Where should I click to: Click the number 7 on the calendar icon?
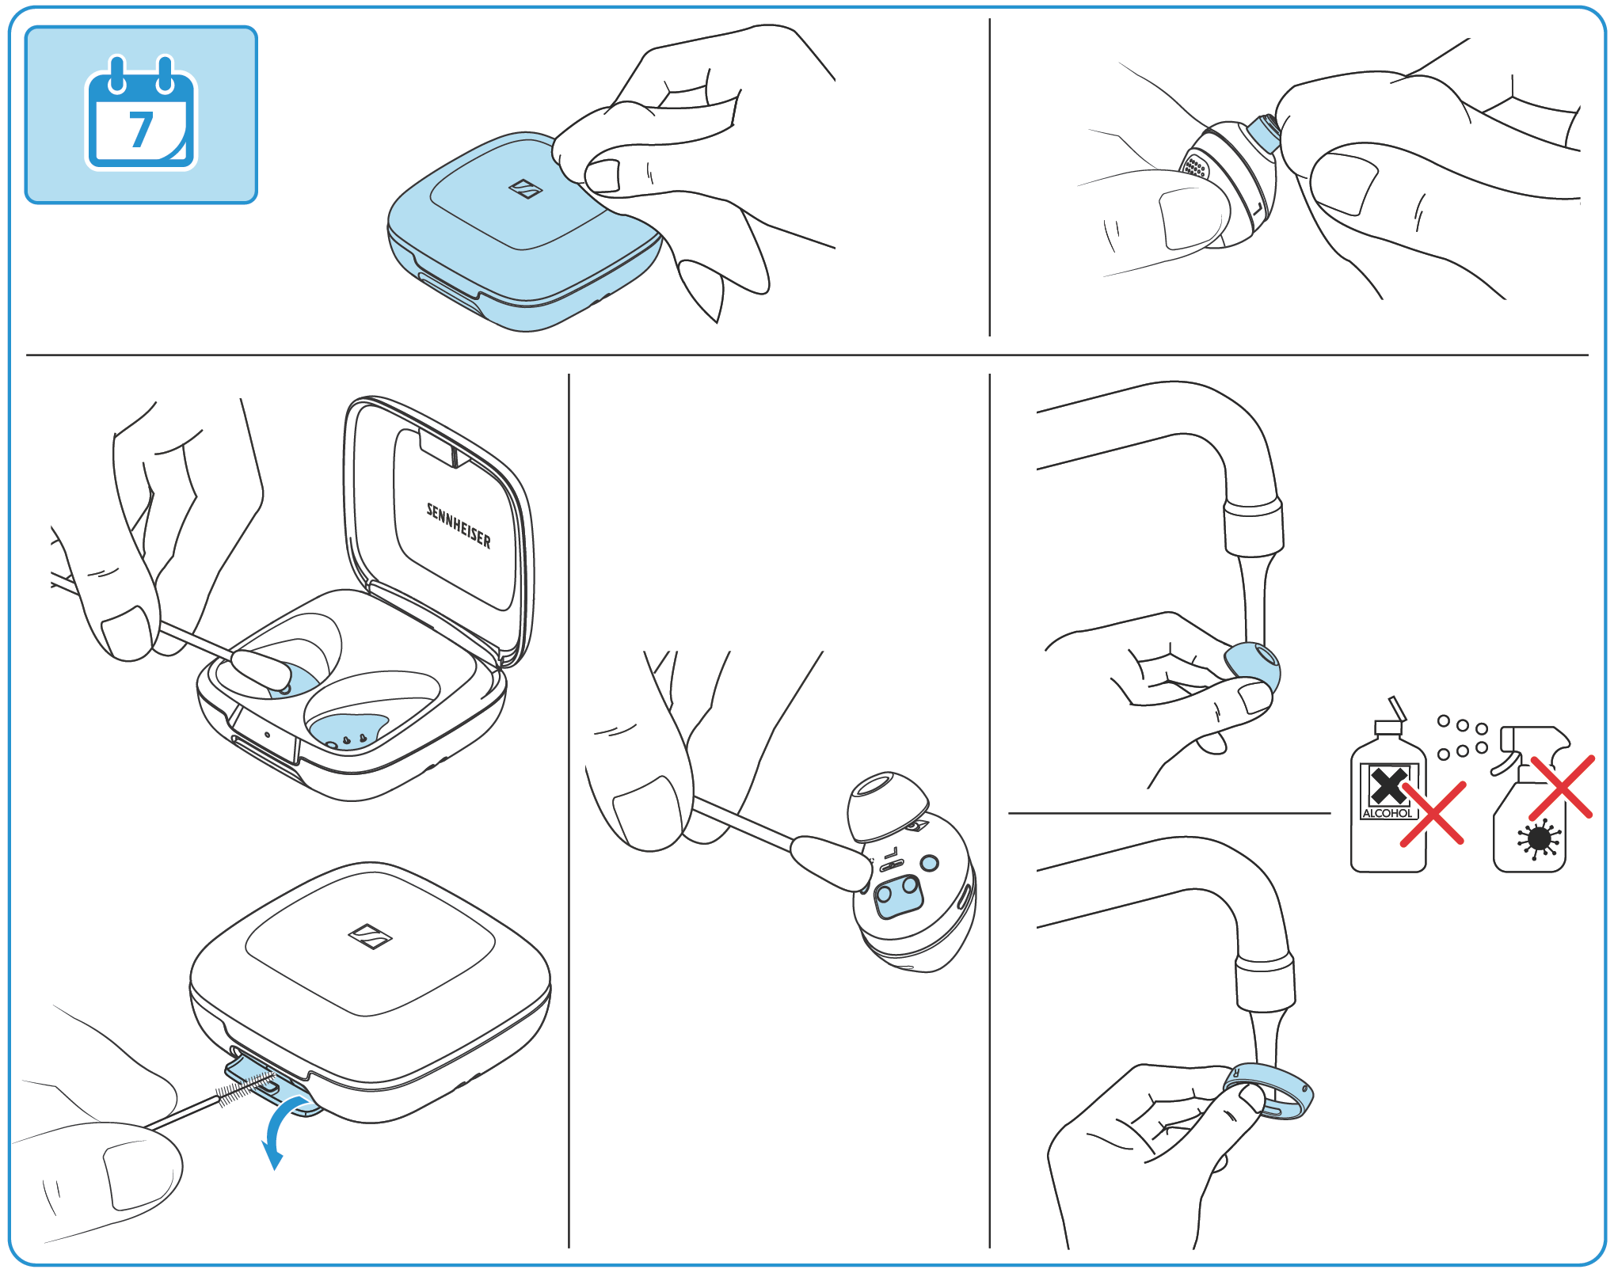tap(141, 129)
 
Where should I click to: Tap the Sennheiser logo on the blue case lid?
tap(525, 188)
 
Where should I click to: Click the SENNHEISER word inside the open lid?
tap(459, 526)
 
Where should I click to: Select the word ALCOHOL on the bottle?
tap(1387, 813)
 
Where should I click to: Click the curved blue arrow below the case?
tap(281, 1124)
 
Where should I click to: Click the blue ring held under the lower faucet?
tap(1270, 1091)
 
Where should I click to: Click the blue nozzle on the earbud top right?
tap(1264, 132)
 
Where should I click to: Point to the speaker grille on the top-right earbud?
tap(1194, 167)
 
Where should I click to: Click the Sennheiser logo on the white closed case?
tap(370, 936)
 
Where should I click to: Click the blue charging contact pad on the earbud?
tap(898, 896)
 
